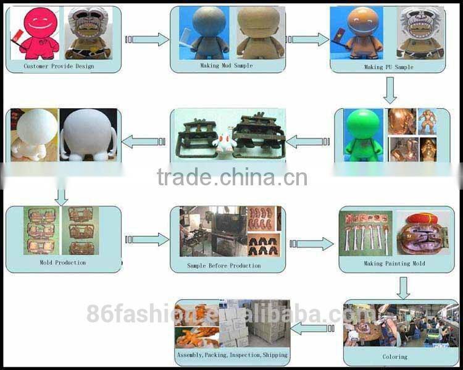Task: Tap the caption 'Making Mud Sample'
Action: click(227, 65)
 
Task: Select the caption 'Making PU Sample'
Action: click(388, 67)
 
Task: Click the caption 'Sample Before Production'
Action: click(223, 266)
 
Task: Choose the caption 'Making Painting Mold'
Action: click(394, 264)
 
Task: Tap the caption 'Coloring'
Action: click(394, 356)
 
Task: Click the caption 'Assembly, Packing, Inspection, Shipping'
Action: click(232, 355)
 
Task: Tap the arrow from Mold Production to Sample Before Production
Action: click(148, 239)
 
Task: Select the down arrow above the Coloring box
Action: click(403, 287)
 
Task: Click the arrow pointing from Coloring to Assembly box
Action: click(312, 328)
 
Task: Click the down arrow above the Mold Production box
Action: click(60, 196)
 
